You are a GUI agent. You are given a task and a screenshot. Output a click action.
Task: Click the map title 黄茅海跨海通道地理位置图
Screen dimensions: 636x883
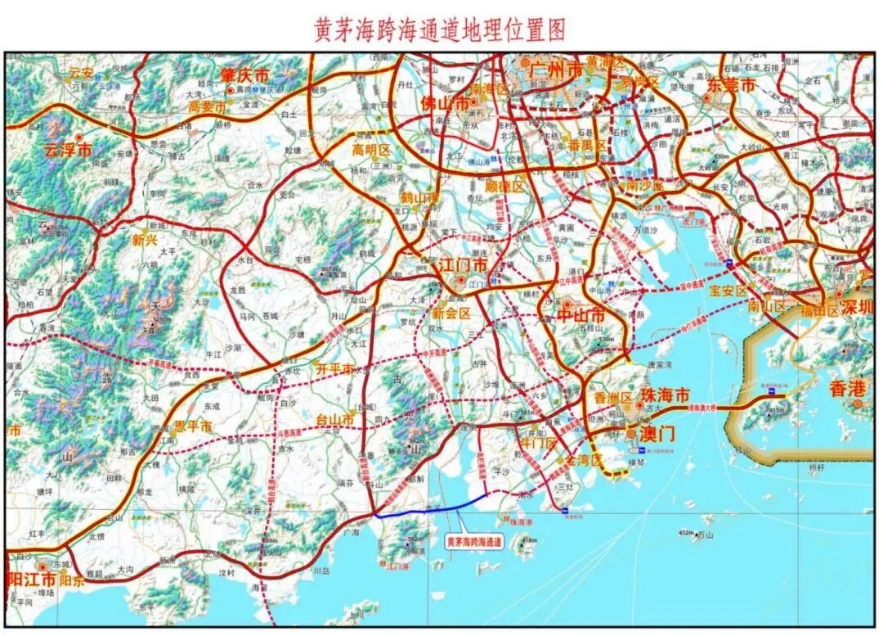440,30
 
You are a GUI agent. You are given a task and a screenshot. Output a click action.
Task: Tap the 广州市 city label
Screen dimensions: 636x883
556,70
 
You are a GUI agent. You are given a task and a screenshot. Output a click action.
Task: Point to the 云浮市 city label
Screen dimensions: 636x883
67,151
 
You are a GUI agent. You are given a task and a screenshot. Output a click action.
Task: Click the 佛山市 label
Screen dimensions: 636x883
445,104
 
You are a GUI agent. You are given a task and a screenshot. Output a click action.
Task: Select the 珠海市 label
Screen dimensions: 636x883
666,395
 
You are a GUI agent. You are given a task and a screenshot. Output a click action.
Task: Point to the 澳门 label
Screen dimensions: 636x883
656,434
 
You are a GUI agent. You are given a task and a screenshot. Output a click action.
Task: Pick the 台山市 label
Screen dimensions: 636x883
335,420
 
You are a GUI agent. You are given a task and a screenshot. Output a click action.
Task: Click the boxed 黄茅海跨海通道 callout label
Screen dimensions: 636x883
474,541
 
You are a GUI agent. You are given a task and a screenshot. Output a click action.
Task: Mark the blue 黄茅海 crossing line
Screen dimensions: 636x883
433,509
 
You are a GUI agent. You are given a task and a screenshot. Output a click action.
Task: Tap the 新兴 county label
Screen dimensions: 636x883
144,240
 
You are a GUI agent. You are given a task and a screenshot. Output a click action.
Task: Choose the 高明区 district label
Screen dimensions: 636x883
372,150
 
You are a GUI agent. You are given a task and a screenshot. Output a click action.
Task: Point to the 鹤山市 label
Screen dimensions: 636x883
419,199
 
